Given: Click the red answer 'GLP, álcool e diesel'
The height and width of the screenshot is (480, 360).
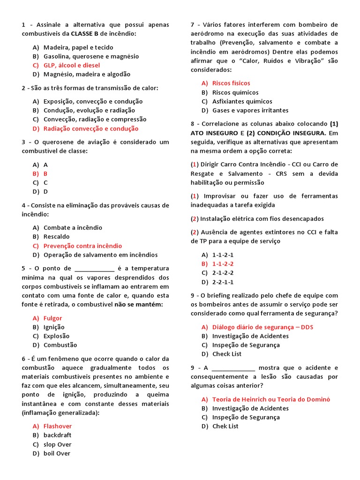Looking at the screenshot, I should tap(71, 65).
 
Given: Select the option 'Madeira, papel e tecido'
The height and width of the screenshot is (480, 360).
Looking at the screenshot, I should tap(78, 47).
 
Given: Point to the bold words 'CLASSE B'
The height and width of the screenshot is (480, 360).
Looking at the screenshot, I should tap(85, 34).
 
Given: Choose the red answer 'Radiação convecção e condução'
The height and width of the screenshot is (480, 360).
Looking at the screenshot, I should tap(90, 128).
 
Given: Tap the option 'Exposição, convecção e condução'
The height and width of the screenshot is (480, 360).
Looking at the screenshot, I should tap(93, 101).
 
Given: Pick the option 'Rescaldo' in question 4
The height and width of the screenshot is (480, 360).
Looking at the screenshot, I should tap(56, 237).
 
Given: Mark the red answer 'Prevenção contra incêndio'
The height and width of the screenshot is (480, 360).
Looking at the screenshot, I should tap(82, 246).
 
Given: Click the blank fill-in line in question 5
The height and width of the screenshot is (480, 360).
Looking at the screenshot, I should tap(94, 269).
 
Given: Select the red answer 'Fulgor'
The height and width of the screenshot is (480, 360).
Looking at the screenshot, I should tap(52, 318).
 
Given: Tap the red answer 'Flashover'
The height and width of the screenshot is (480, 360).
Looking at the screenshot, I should tap(58, 426).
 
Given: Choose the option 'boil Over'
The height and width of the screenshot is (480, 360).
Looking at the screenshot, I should tap(57, 453).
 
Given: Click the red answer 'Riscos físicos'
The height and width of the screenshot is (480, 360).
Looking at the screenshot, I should tap(231, 83).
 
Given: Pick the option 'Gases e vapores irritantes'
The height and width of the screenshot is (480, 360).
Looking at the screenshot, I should tap(250, 110).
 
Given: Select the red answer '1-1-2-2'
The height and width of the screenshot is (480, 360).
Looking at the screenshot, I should tap(223, 264).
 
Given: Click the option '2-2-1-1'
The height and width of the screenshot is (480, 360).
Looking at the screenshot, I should tap(223, 282).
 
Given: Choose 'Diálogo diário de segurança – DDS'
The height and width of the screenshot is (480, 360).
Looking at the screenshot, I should tap(262, 327).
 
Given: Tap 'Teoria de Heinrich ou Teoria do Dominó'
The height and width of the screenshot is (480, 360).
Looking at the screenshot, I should tap(271, 399).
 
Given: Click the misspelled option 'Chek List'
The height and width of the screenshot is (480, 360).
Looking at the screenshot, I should tap(225, 426).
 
